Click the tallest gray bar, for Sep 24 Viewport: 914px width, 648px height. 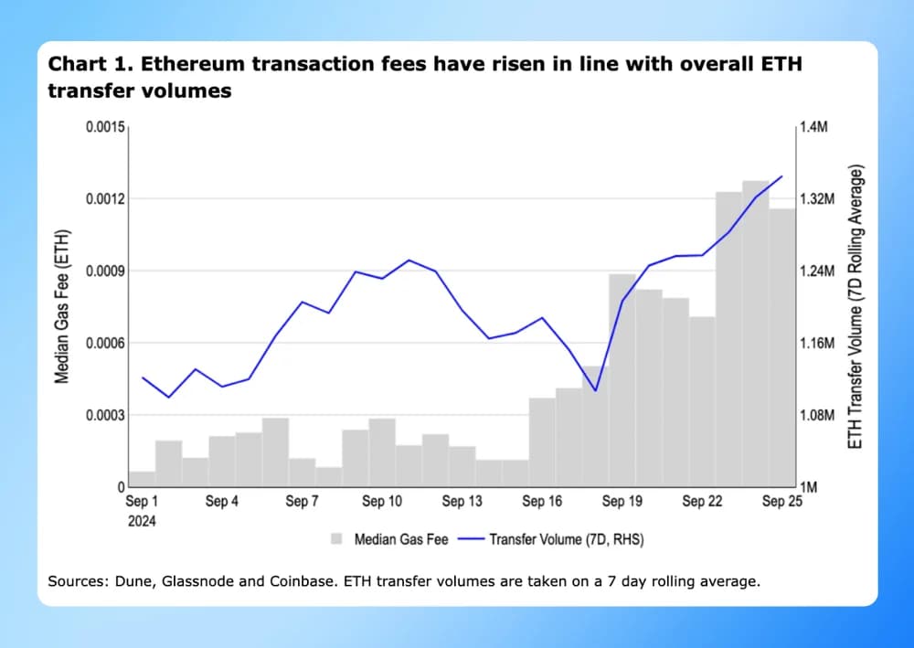pos(755,338)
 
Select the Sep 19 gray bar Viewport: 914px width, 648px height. pos(622,384)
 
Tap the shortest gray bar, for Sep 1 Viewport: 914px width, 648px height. pos(142,479)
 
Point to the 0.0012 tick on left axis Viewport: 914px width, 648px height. pos(105,199)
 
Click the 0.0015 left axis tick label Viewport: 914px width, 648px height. pos(105,128)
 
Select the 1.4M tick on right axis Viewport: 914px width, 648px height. pos(813,128)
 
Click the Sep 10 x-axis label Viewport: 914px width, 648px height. pos(382,502)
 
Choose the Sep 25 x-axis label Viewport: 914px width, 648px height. pos(782,502)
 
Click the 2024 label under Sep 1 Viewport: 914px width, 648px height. pos(142,521)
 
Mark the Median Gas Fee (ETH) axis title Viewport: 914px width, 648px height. pos(61,306)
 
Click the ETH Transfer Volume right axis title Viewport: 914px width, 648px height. pos(856,306)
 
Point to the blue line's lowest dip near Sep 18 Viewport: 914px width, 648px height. pos(595,390)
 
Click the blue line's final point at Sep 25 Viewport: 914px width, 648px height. pos(781,176)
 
